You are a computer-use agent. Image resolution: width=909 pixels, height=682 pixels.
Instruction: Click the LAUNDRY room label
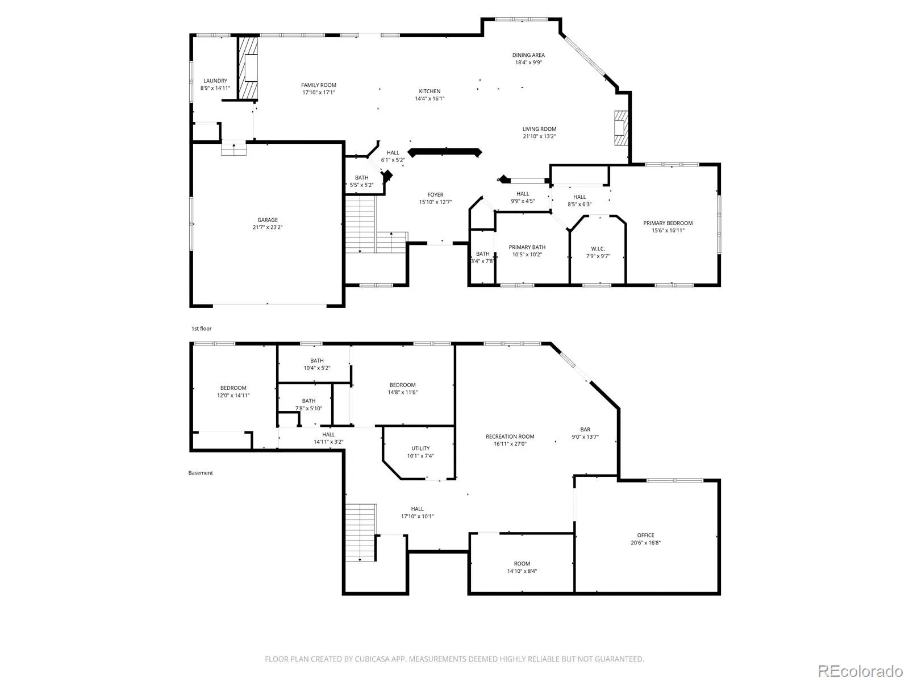pos(215,81)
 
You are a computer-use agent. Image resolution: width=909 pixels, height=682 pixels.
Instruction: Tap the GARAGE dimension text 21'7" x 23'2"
pos(268,227)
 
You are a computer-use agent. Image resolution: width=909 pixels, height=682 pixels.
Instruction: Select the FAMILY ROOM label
pos(319,85)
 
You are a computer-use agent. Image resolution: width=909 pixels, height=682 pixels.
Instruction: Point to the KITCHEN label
pos(430,91)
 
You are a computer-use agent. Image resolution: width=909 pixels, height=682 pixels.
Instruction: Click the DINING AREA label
pos(528,55)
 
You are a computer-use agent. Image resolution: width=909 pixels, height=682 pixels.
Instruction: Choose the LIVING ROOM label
pos(539,129)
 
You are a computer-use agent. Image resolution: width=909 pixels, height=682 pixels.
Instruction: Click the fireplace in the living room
pos(621,127)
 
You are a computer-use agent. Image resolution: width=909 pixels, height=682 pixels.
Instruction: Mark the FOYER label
pos(435,194)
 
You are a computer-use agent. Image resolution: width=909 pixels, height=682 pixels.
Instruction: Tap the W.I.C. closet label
pos(598,249)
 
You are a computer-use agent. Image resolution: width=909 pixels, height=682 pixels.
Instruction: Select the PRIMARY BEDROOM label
pos(668,223)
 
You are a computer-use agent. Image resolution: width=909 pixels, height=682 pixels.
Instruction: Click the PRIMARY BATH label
pos(527,247)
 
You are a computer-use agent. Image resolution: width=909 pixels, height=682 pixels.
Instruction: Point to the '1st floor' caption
pos(201,329)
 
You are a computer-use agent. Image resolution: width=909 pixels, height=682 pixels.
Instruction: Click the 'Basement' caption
pos(201,473)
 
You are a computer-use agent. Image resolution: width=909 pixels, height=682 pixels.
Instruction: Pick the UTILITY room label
pos(420,448)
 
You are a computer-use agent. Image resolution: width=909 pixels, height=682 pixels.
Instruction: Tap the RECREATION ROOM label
pos(510,436)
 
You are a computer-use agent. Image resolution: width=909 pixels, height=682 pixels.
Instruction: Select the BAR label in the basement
pos(585,430)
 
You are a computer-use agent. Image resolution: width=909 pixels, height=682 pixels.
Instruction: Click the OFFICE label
pos(645,535)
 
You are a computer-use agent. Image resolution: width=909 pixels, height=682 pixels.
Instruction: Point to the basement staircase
pos(361,533)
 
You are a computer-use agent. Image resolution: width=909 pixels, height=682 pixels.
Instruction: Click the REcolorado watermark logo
pos(860,671)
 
